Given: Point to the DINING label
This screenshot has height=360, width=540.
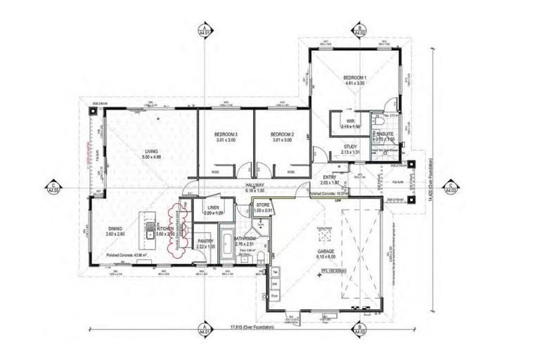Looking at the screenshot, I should [x=116, y=229].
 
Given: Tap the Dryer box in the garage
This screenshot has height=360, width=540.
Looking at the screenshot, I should [x=276, y=296].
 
